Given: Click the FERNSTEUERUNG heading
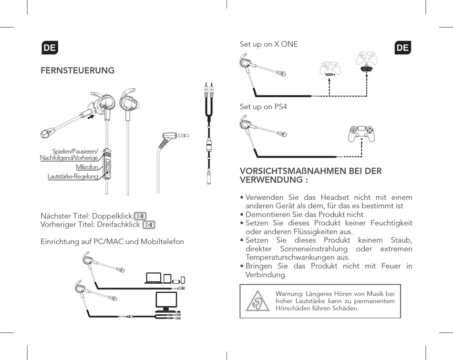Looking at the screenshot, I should (x=78, y=71).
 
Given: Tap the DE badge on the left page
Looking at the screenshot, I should (x=50, y=48).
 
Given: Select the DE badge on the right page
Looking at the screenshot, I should (x=402, y=48).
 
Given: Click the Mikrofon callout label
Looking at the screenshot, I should (x=87, y=167).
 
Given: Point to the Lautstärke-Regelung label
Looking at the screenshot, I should (x=73, y=176).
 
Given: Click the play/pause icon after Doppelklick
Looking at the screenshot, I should (x=140, y=216).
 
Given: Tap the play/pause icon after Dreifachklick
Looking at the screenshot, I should (x=149, y=225).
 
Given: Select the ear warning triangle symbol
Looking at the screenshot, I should (x=257, y=301).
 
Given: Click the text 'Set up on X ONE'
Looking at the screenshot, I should (x=268, y=44).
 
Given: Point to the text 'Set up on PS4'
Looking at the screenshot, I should (x=263, y=107).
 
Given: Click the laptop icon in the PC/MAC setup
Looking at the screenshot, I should (x=154, y=278).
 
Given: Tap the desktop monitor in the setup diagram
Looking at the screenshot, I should (x=166, y=300).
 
